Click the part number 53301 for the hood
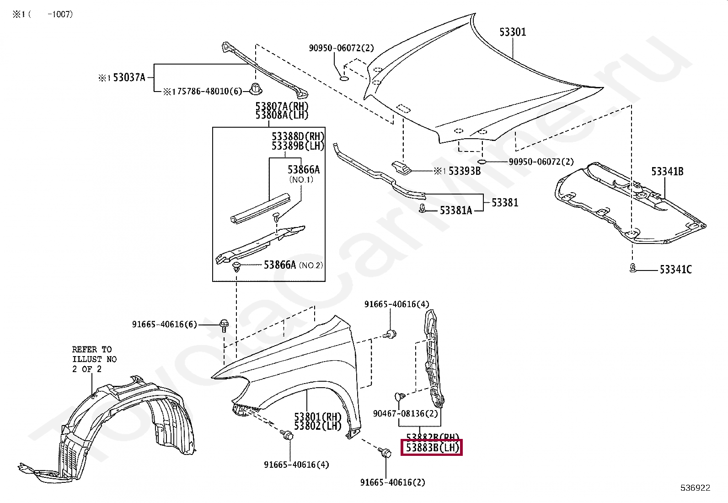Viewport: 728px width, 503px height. coord(512,32)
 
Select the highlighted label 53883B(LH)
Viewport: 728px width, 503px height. coord(432,448)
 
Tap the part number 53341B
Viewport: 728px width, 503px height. coord(667,172)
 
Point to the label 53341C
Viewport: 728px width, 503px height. coord(675,270)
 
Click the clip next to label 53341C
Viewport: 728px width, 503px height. coord(632,268)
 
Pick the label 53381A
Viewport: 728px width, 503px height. coord(455,210)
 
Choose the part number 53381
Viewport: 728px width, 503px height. coord(505,202)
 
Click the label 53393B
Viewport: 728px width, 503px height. coord(464,171)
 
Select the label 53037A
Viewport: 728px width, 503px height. coord(128,78)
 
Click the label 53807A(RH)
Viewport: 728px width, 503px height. coord(282,107)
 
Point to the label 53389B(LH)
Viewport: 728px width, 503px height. coord(298,146)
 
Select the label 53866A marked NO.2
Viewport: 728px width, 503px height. coord(280,265)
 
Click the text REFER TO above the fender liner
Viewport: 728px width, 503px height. coord(91,349)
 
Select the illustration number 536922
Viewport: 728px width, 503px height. coord(695,488)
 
